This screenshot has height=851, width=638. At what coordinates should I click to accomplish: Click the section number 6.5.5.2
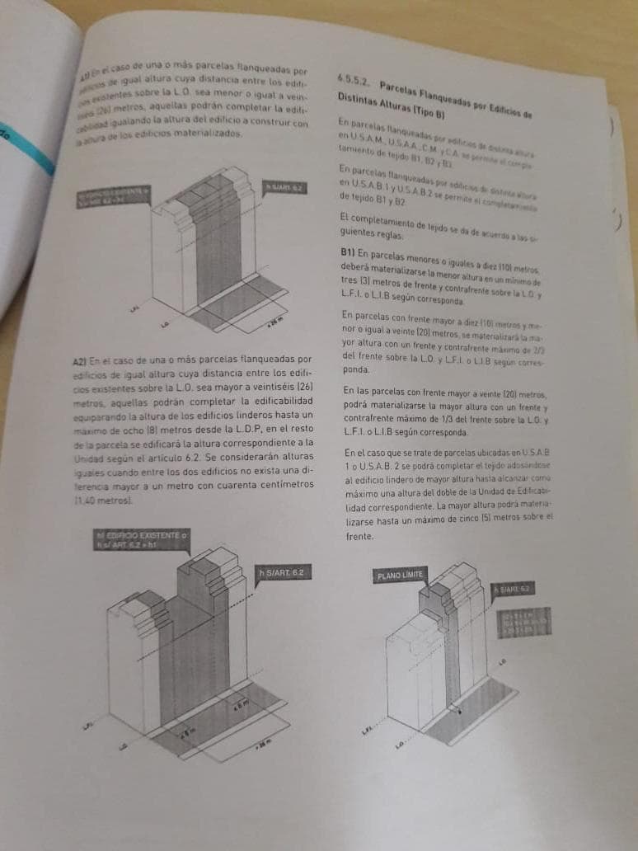pyautogui.click(x=353, y=80)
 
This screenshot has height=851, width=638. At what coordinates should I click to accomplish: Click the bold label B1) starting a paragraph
pyautogui.click(x=348, y=252)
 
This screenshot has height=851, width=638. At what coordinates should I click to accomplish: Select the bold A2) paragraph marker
pyautogui.click(x=79, y=360)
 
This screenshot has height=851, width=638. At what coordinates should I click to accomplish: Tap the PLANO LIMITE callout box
pyautogui.click(x=401, y=574)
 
